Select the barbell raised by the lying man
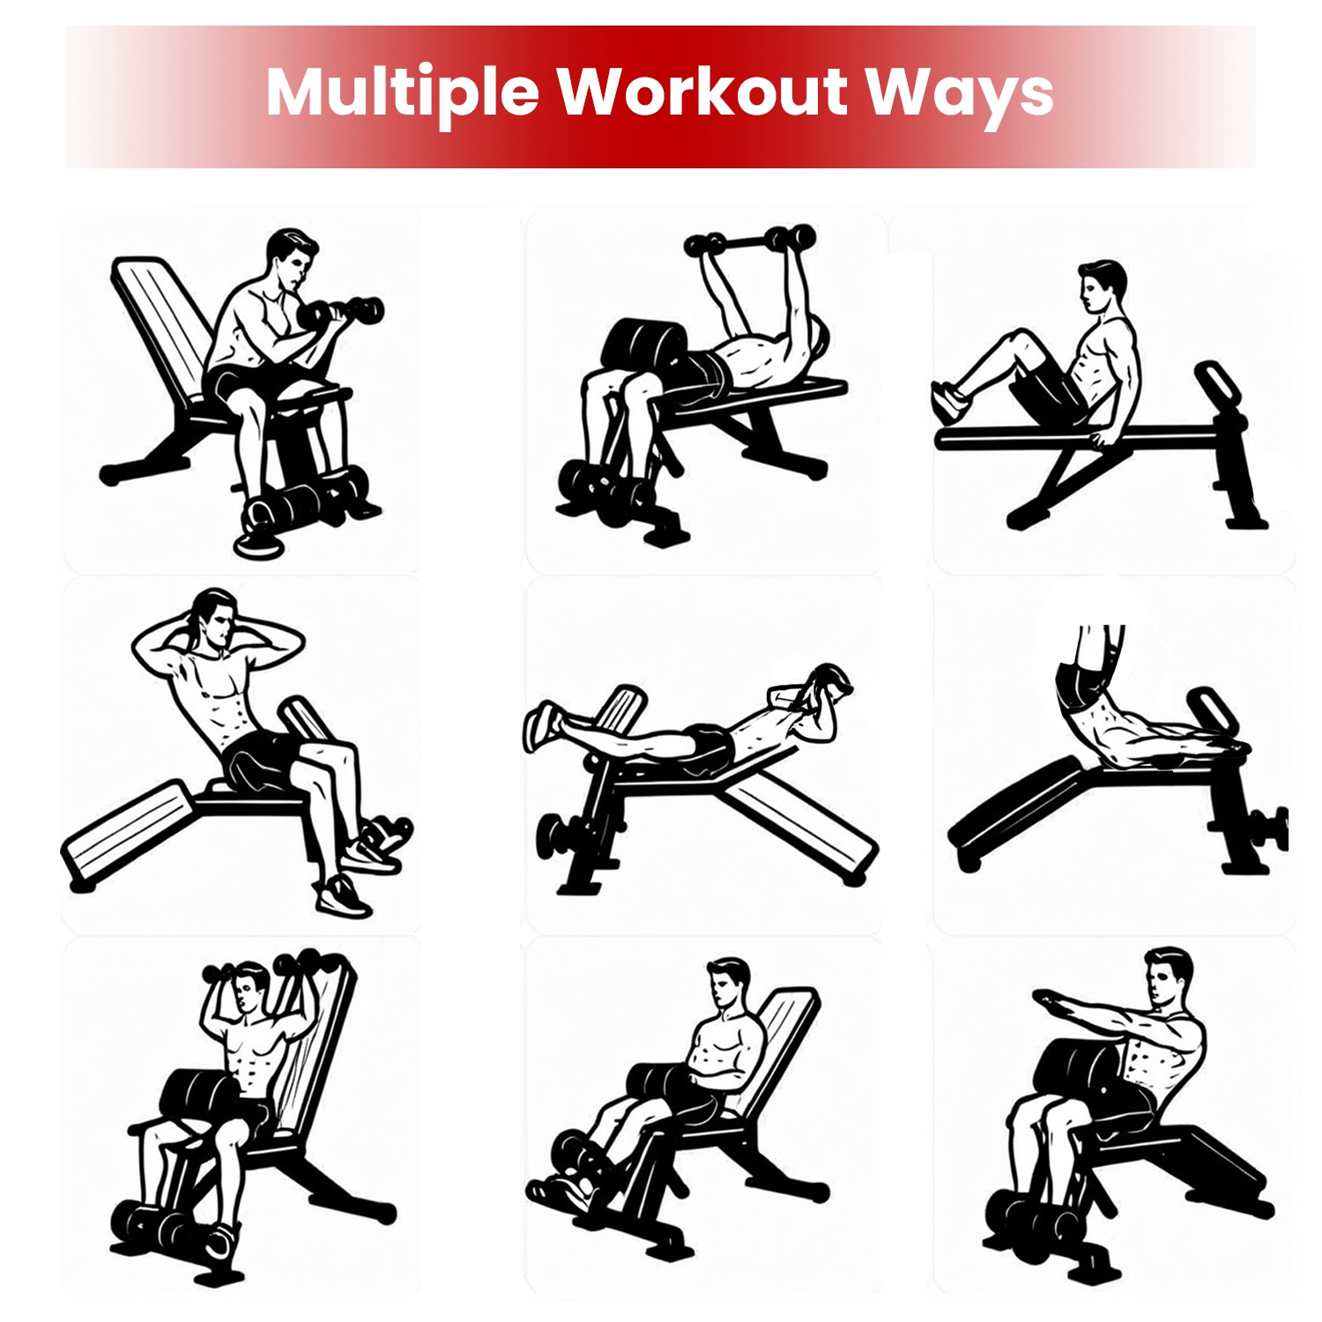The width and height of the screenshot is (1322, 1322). [x=749, y=240]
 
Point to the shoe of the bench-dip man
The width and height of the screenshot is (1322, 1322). [x=949, y=401]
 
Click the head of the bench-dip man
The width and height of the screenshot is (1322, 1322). [x=1101, y=286]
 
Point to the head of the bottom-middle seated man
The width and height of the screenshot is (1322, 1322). [x=727, y=983]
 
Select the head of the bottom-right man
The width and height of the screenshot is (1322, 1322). [x=1169, y=977]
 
